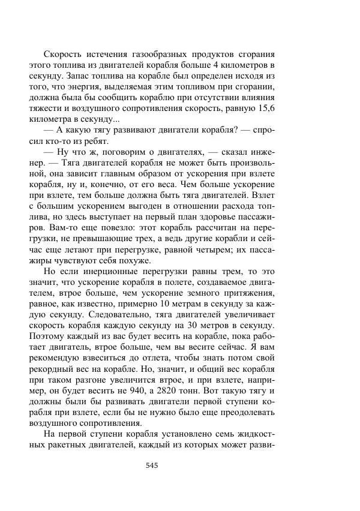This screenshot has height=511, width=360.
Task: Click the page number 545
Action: [151, 465]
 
